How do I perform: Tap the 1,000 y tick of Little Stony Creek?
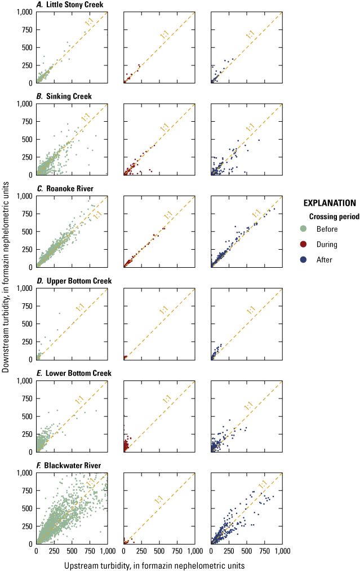pos(24,12)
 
